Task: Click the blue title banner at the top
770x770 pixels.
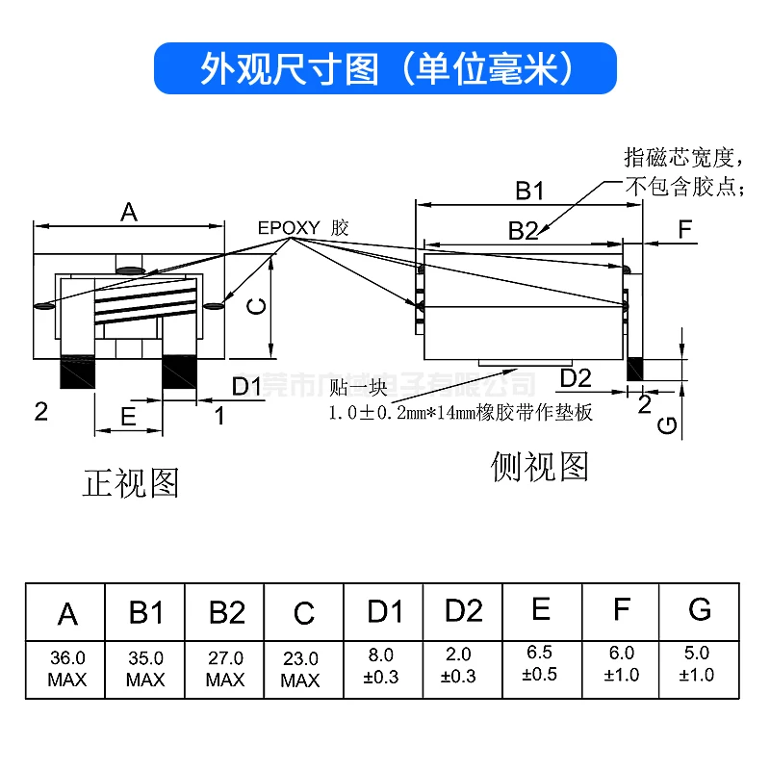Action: [385, 67]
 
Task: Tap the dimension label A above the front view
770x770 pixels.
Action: [128, 213]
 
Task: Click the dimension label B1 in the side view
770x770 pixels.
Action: [529, 191]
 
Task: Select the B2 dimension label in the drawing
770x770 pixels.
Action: [523, 230]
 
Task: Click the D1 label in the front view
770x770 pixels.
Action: [247, 386]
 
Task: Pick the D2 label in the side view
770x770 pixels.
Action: [581, 376]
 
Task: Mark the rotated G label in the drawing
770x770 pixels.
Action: [674, 423]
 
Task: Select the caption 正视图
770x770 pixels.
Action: [131, 482]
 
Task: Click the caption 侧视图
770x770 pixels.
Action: [539, 467]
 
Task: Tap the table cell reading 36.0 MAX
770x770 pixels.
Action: [66, 669]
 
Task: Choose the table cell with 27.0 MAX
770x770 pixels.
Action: [224, 669]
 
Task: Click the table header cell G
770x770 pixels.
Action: [700, 609]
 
